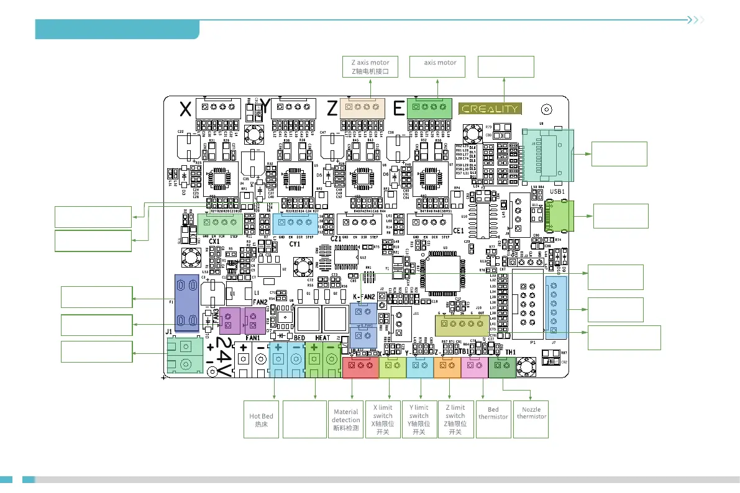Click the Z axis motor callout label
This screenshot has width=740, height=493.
point(370,66)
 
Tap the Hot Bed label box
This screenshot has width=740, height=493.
point(262,420)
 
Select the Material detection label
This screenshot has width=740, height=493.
point(346,420)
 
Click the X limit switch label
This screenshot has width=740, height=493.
point(383,419)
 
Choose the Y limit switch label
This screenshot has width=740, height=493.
point(419,419)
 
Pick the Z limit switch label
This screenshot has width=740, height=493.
point(455,419)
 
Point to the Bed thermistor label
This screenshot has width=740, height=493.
point(493,414)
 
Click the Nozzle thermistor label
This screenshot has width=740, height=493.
point(531,414)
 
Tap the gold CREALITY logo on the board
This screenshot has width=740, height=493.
point(489,109)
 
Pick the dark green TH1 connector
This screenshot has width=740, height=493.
point(501,366)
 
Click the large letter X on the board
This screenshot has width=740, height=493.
point(185,110)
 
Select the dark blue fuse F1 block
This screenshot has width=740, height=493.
point(186,303)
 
